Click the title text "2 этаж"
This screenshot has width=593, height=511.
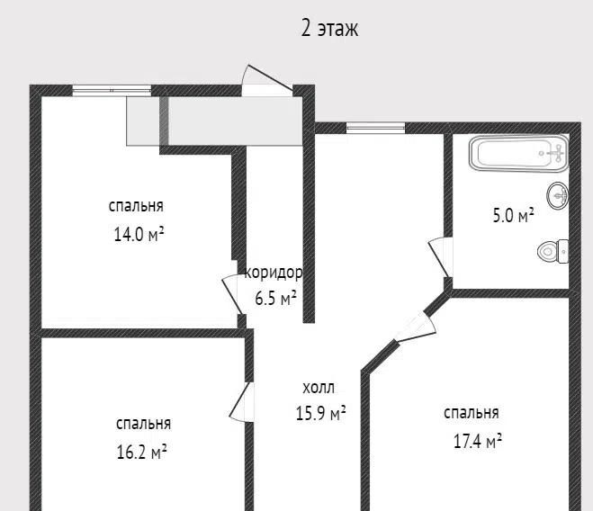329,29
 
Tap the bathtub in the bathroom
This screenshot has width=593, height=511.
519,153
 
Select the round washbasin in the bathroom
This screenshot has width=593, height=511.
557,195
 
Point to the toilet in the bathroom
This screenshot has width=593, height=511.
553,252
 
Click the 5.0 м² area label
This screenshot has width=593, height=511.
513,215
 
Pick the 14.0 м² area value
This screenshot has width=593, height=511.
139,235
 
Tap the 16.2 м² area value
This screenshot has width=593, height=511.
141,452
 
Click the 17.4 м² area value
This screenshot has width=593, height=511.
478,441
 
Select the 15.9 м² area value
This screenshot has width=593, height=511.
320,413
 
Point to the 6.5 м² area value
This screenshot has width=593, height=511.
275,299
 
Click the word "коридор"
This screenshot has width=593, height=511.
274,273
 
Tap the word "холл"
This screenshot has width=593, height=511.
319,388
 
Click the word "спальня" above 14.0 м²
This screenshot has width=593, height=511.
136,206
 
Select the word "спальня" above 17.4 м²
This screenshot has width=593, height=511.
472,413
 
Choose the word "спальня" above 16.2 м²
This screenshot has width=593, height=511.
143,424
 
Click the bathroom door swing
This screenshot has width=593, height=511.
441,257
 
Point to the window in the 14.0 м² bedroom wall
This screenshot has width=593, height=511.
112,90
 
